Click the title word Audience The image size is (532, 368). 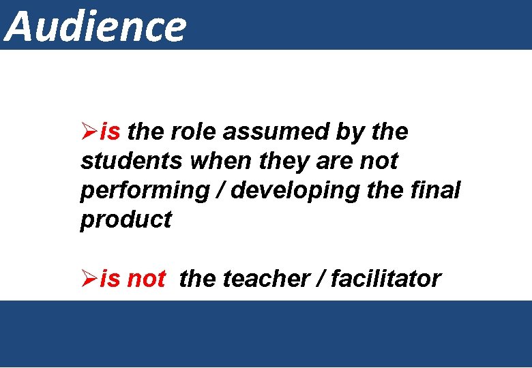[95, 26]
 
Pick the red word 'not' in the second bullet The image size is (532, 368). [146, 279]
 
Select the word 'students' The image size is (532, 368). [132, 162]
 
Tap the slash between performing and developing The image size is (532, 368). [219, 191]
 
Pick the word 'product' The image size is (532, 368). [126, 221]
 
